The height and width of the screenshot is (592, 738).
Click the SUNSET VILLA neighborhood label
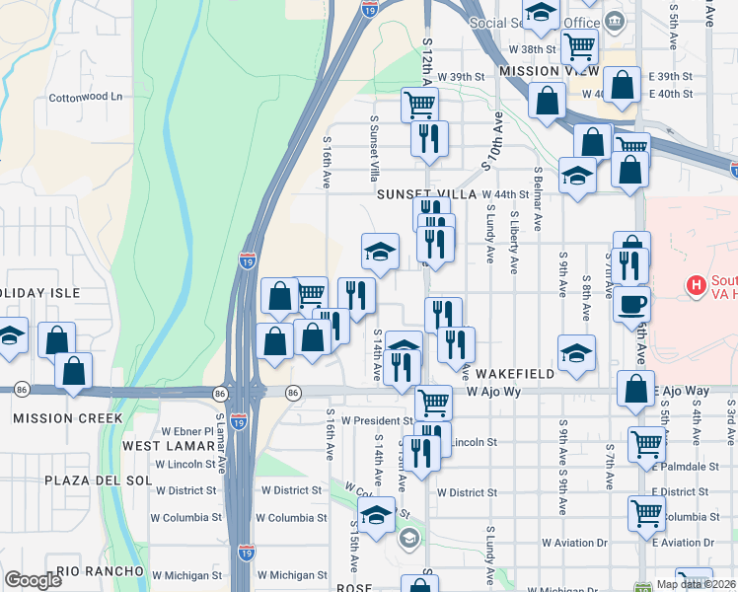click(426, 194)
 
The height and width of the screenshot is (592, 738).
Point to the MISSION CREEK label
click(68, 418)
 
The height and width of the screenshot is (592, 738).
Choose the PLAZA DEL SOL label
click(90, 481)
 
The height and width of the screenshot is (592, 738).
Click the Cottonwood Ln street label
click(86, 97)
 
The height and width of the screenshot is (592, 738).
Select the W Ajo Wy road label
click(493, 392)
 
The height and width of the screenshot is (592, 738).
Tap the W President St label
click(374, 420)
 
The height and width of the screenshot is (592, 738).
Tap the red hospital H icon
click(697, 286)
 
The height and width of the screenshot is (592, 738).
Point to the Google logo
click(33, 581)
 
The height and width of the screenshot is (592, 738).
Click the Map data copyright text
click(697, 584)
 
